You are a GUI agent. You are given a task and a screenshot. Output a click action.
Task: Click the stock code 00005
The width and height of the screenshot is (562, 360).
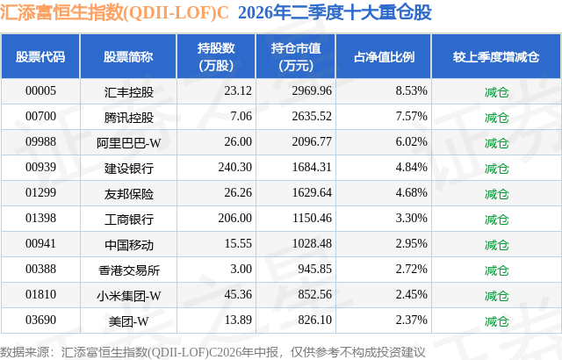point(40,91)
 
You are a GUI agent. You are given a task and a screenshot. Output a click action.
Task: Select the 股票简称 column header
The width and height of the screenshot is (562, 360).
point(128,56)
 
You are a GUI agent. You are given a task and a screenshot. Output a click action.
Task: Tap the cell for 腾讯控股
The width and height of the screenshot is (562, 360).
point(129,117)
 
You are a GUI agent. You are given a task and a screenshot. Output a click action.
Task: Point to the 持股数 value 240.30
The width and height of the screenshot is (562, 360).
point(235,168)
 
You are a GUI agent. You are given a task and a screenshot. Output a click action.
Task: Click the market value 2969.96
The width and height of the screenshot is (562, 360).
point(312,91)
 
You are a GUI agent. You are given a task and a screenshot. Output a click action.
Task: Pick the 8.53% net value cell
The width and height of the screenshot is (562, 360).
point(412,91)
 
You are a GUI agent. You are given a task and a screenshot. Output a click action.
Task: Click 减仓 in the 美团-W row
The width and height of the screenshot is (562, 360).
point(496,321)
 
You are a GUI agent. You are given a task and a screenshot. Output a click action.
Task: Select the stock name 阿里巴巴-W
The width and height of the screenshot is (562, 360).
point(129,143)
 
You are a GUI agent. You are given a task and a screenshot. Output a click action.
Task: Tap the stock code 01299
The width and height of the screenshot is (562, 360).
point(40,192)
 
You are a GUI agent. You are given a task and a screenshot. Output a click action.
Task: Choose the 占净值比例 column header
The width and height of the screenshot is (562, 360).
point(384,56)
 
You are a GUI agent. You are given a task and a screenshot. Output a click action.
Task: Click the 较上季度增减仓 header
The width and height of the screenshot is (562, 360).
point(495,56)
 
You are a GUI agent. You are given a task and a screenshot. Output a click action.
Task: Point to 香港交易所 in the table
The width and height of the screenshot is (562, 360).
point(129,270)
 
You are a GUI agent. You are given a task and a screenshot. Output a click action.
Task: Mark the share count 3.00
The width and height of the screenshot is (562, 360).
point(241,269)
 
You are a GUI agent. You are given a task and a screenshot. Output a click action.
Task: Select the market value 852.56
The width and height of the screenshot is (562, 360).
point(314,294)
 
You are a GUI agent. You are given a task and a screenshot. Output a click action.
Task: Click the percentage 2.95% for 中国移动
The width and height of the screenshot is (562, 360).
point(412,243)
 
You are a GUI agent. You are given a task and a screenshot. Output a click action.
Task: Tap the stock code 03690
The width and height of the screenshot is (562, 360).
point(40,320)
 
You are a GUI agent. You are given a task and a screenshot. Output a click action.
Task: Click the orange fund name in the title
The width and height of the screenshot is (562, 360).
point(114,12)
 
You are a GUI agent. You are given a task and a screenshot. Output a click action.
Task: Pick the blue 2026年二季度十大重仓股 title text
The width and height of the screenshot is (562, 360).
point(335,12)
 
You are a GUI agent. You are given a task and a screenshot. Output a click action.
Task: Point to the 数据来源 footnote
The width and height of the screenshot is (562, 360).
point(213,352)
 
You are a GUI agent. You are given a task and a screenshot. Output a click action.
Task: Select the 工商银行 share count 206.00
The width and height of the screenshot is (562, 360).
point(235,218)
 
